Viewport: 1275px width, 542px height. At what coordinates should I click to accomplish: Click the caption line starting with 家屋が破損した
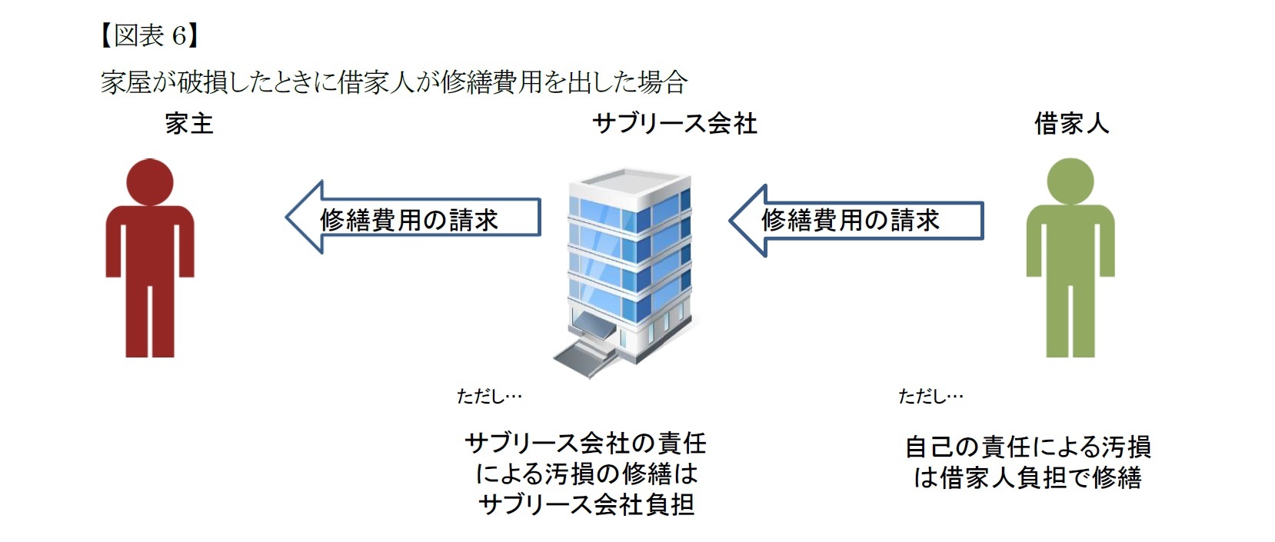(393, 81)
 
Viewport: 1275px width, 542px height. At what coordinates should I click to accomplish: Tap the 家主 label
(189, 124)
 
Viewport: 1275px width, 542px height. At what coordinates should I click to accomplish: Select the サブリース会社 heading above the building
(674, 124)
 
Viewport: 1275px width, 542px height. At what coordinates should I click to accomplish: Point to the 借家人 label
(1071, 124)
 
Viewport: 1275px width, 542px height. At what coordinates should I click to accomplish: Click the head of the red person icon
(150, 182)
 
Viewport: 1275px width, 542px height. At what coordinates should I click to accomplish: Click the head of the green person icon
(1070, 182)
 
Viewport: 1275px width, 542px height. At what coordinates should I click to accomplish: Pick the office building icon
(629, 261)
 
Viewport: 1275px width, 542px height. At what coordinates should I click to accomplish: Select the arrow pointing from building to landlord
(413, 218)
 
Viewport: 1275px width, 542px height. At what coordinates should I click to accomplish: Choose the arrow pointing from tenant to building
(856, 221)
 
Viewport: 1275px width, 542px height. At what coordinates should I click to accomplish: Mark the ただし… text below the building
(489, 396)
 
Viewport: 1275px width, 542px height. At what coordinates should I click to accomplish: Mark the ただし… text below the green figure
(930, 396)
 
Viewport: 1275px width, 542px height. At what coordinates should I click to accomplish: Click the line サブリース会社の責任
(586, 443)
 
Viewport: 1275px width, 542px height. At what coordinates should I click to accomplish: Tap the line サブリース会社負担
(586, 504)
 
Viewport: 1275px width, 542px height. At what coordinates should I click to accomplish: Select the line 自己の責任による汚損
(1027, 447)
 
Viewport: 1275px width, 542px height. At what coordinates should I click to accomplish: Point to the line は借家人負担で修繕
(1027, 478)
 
